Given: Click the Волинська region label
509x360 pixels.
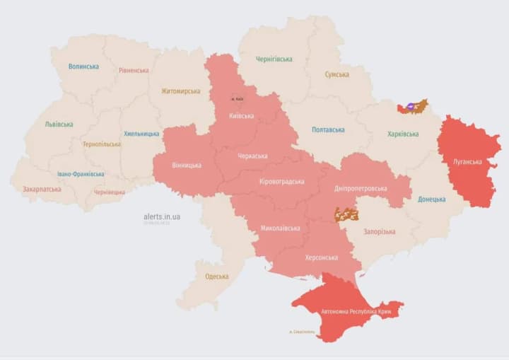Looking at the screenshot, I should (83, 66).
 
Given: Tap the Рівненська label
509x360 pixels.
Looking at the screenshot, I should (134, 71).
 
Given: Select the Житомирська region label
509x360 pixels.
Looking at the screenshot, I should (180, 91).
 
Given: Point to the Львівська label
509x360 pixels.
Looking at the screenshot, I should (59, 124).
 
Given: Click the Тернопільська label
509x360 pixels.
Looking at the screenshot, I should (101, 144).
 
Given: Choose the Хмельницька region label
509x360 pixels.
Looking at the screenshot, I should (141, 134).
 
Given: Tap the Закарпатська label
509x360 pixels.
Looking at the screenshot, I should (42, 190).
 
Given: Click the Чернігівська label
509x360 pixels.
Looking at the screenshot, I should (275, 59).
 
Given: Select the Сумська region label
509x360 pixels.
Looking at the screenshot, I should (337, 74).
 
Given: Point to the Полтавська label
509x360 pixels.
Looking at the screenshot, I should (328, 130).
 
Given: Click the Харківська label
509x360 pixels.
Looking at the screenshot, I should (403, 134).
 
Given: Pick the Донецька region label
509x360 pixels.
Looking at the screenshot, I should (431, 199).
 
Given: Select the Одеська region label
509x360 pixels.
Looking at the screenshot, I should (216, 277).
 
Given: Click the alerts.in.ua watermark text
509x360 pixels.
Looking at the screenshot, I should (162, 216).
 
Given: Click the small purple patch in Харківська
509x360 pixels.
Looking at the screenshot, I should (410, 107).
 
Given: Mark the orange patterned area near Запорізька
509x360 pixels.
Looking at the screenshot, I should (346, 214).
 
